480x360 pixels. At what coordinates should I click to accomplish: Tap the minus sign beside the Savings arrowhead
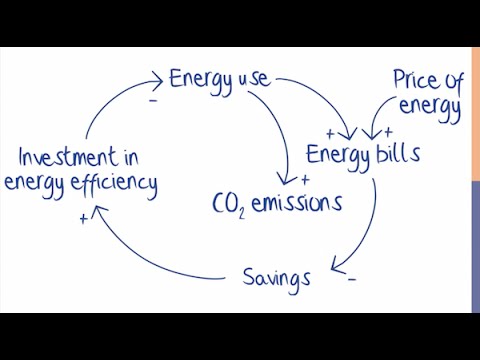(352, 280)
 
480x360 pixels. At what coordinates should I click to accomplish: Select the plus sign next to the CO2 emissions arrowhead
(304, 181)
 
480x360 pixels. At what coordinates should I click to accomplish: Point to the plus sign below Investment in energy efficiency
(82, 218)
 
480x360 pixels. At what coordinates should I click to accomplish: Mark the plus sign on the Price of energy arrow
(388, 132)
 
